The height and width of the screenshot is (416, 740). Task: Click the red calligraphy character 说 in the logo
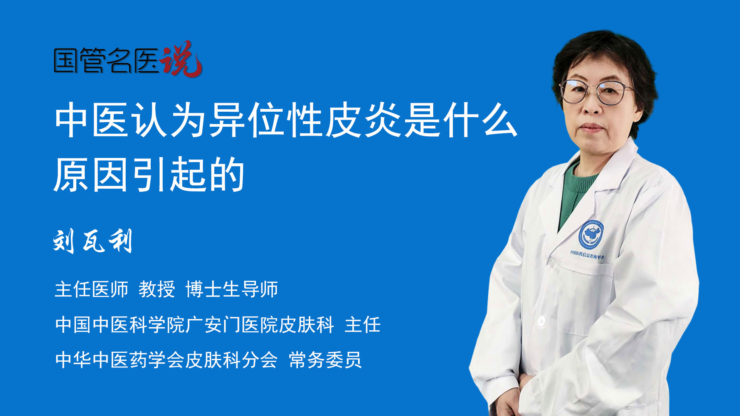point(181,59)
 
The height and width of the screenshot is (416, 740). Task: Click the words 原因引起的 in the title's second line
point(150,175)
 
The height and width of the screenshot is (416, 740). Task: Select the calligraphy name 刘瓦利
point(93,241)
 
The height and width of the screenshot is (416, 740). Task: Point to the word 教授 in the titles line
point(157,289)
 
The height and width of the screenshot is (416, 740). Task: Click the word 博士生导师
point(232,289)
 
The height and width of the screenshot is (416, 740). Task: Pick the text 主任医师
point(91,289)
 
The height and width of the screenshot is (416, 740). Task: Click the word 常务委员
point(325,360)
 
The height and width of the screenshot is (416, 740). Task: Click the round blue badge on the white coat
point(591,234)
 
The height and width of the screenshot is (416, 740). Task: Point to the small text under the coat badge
point(587,255)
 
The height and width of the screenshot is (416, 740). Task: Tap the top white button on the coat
point(542,320)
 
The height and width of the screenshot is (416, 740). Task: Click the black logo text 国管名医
point(106,60)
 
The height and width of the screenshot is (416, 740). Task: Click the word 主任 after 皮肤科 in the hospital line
point(363,325)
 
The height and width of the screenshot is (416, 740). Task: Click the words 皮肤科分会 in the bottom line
point(231,360)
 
